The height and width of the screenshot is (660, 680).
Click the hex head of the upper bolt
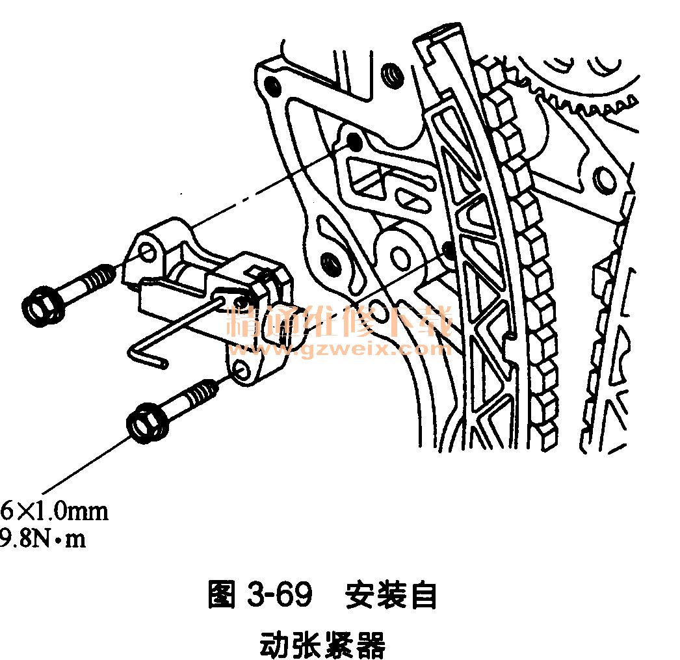pyautogui.click(x=41, y=305)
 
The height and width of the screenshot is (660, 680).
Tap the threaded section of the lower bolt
pyautogui.click(x=200, y=393)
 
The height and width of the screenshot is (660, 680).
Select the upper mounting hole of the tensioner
pyautogui.click(x=148, y=252)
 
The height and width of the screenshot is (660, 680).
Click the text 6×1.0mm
pyautogui.click(x=54, y=511)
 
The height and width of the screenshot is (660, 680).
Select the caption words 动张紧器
pyautogui.click(x=322, y=644)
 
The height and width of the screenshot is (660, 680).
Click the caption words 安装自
pyautogui.click(x=391, y=594)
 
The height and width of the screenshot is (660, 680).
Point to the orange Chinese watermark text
pyautogui.click(x=339, y=321)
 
